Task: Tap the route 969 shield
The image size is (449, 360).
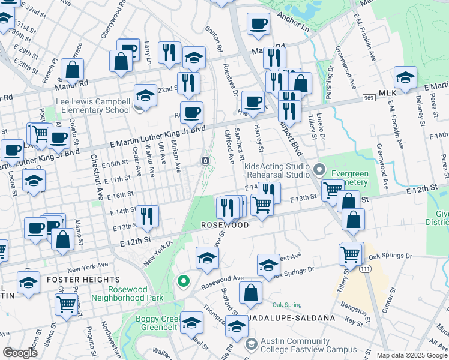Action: tap(369, 97)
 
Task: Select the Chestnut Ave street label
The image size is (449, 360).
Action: tap(96, 177)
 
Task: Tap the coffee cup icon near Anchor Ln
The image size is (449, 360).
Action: tap(258, 24)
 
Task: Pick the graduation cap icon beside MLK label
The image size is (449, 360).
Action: tap(405, 78)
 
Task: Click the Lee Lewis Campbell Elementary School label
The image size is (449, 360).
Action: tap(93, 106)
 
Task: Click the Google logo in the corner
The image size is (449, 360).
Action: tap(20, 353)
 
